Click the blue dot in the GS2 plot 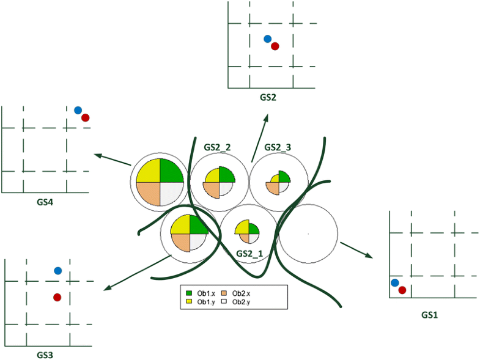click(x=267, y=39)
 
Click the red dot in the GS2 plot click(x=275, y=46)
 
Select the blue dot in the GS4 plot click(x=78, y=110)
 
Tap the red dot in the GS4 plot click(x=86, y=117)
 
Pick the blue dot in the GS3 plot click(x=58, y=270)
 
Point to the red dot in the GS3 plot click(x=57, y=297)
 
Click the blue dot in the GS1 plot click(x=395, y=282)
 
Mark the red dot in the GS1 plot click(x=402, y=290)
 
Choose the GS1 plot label click(x=430, y=315)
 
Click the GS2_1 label click(x=249, y=253)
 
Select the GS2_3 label click(x=278, y=147)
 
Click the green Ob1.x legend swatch click(x=190, y=293)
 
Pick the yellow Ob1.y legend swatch click(x=190, y=301)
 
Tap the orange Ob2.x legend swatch click(x=224, y=293)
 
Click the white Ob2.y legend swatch click(x=224, y=301)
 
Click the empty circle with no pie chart click(x=308, y=233)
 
